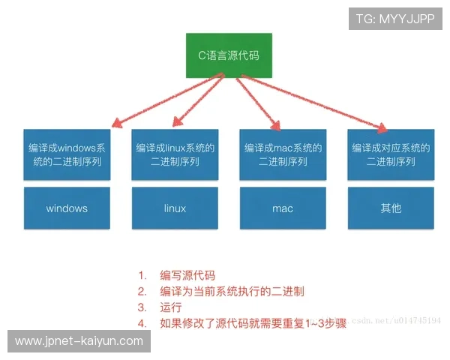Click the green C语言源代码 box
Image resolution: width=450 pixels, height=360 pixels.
click(x=229, y=55)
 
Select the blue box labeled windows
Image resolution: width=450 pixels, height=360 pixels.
click(x=67, y=208)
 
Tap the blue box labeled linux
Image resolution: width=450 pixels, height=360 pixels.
click(x=174, y=208)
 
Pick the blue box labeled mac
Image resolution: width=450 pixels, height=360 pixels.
click(x=283, y=208)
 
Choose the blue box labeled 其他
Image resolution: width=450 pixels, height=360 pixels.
click(x=391, y=208)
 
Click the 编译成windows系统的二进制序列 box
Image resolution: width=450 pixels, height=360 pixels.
click(x=67, y=154)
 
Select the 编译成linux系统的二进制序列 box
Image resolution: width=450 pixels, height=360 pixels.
click(x=174, y=154)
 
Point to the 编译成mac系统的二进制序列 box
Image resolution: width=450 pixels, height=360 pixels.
click(x=283, y=154)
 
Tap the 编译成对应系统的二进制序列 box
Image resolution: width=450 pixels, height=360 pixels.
click(x=391, y=154)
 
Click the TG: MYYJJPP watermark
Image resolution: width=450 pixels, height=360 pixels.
click(x=390, y=18)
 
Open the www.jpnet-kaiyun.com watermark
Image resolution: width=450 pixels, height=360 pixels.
click(x=79, y=341)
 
